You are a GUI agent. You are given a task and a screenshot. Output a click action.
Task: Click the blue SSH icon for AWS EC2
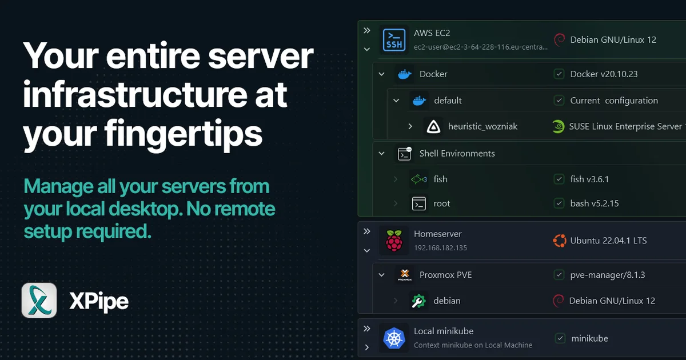394,40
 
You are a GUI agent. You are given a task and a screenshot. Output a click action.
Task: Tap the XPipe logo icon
39,301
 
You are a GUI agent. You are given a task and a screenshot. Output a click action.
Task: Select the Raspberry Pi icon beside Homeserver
394,241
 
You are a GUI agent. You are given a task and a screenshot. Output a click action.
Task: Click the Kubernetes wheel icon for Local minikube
394,338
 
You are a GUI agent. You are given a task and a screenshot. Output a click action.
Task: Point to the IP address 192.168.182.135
440,247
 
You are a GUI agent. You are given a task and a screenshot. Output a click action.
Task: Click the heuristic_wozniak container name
482,126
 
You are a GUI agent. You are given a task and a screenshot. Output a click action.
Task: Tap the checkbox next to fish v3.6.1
559,179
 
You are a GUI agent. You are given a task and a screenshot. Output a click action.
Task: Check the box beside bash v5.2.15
559,203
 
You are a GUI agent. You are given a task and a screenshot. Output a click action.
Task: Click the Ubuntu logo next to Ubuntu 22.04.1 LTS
560,241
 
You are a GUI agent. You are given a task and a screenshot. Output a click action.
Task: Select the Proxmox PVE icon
405,275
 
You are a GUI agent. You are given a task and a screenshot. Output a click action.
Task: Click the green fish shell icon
418,179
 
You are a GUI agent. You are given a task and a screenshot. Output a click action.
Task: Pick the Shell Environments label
457,153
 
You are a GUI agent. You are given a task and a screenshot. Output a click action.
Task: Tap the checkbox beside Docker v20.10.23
559,74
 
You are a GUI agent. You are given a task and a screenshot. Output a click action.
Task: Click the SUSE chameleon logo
559,126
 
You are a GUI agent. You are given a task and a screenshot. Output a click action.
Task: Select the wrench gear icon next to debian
418,301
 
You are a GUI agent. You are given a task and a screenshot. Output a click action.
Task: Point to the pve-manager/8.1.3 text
608,275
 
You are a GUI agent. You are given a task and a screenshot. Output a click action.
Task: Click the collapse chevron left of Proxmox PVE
382,275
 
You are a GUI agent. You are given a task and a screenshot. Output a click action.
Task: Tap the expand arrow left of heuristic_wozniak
410,126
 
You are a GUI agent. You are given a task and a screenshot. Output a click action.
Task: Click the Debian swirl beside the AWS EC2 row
560,40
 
